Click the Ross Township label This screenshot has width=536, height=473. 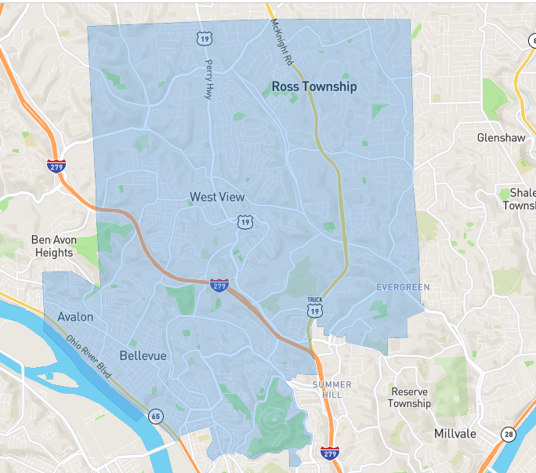click(x=313, y=86)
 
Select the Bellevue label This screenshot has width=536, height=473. click(x=143, y=355)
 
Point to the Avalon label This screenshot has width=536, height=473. click(x=75, y=317)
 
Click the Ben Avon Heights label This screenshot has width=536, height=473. click(x=53, y=246)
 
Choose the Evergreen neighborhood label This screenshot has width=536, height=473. click(x=403, y=287)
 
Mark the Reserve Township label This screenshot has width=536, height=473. click(x=410, y=398)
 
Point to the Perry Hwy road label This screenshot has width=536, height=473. click(x=209, y=78)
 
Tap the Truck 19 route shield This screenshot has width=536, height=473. click(x=315, y=308)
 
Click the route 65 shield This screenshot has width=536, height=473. click(x=157, y=417)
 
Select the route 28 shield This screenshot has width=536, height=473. click(x=509, y=434)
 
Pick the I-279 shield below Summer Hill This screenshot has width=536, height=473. click(x=329, y=453)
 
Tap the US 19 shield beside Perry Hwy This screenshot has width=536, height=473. click(x=204, y=38)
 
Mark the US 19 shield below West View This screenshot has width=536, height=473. click(x=245, y=224)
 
